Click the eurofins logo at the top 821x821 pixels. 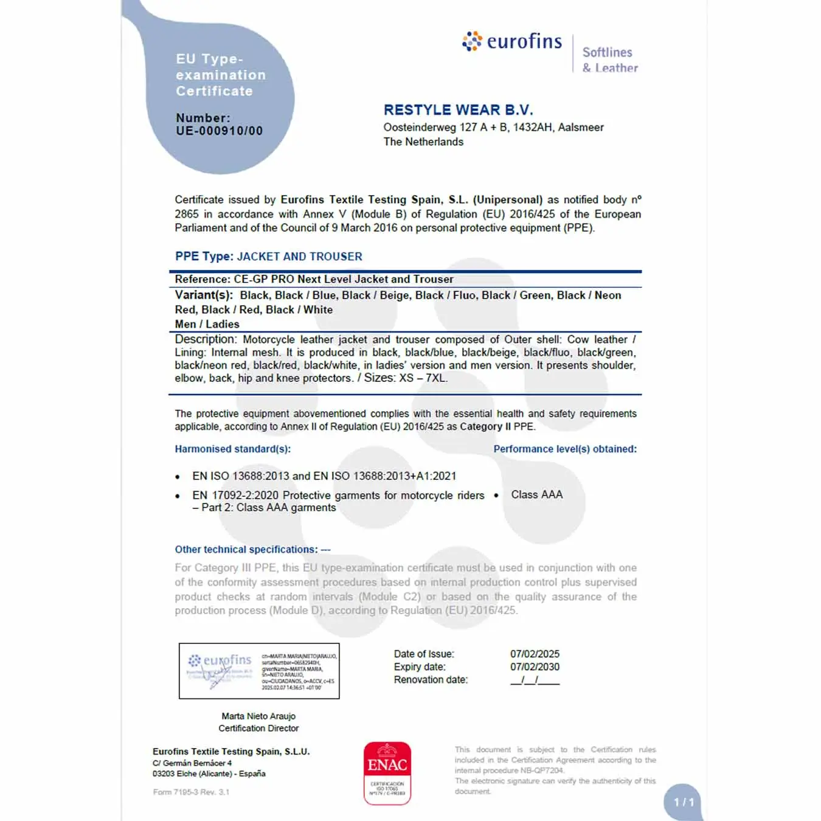tap(512, 41)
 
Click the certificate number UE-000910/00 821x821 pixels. tap(219, 131)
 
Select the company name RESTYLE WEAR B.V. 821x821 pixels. tap(458, 110)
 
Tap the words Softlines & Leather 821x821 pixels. tap(610, 60)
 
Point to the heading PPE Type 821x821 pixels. tap(204, 256)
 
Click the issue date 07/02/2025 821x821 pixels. tap(535, 654)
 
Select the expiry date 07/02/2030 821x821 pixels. tap(535, 667)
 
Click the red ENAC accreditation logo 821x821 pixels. tap(387, 773)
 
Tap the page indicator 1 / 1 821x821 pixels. tap(684, 802)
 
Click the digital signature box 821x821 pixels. tap(259, 671)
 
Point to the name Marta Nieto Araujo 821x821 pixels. tap(258, 716)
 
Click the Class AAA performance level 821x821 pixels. tap(536, 494)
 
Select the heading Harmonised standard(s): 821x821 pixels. tap(233, 449)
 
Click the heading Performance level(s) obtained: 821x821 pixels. tap(565, 449)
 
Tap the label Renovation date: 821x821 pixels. tap(431, 679)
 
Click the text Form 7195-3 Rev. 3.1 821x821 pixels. tap(191, 792)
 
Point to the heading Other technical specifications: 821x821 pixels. tap(246, 549)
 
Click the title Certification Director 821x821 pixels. tap(258, 728)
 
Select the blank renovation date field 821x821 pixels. tap(535, 680)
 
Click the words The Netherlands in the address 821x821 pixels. tap(423, 142)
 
